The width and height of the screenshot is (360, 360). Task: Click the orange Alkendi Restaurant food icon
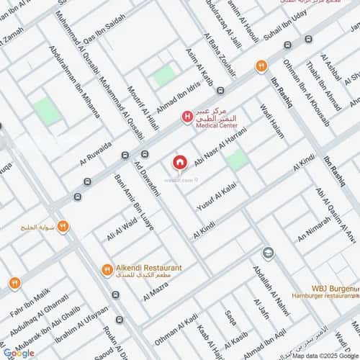click(x=107, y=271)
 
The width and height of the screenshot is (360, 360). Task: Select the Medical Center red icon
click(x=186, y=116)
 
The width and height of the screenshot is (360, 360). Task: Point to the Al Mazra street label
click(x=156, y=291)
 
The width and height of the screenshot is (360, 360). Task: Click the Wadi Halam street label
click(x=276, y=120)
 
